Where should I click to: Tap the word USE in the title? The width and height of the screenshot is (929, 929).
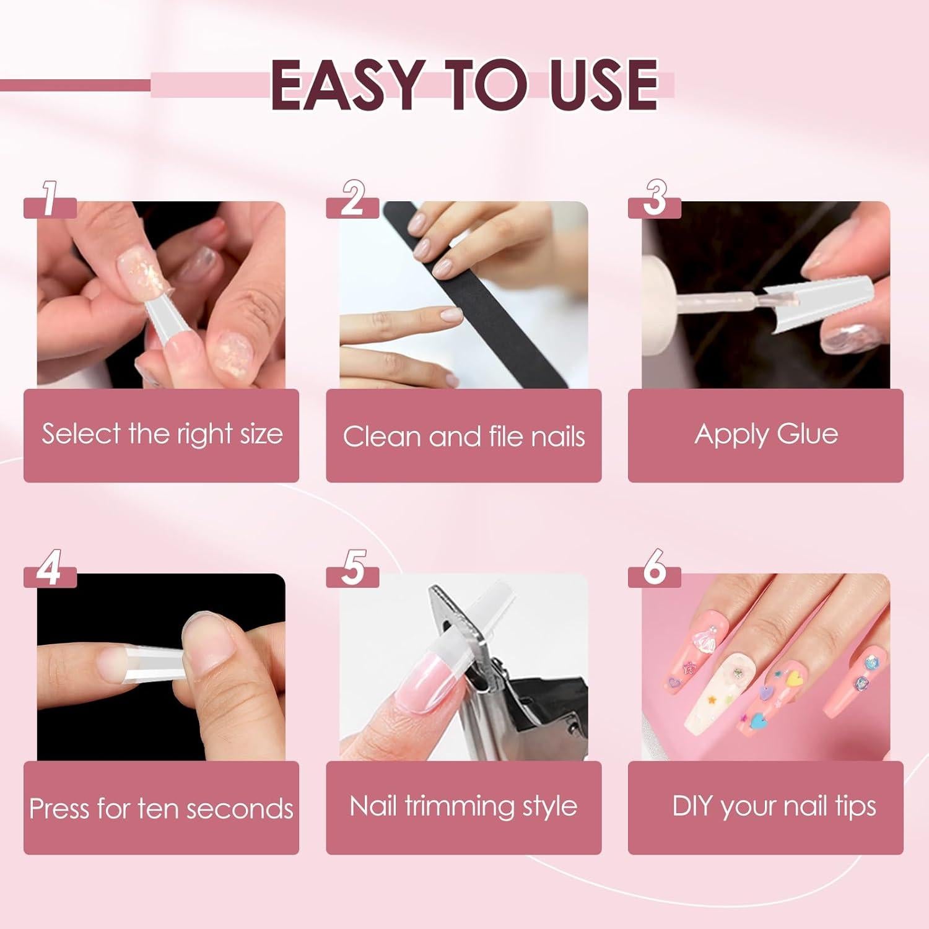[x=603, y=85]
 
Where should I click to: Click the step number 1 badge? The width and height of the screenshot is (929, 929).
[x=50, y=199]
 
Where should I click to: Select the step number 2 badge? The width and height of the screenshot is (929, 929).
[x=352, y=199]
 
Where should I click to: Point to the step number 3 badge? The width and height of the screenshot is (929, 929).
[x=655, y=199]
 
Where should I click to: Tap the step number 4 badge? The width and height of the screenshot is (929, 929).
[x=50, y=569]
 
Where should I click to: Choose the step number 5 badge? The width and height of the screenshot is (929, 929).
[x=352, y=569]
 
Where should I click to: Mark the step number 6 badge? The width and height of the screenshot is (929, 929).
[x=655, y=569]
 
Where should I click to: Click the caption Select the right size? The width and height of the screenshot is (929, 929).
[x=162, y=434]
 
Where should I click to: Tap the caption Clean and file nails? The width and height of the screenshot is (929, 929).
[x=463, y=437]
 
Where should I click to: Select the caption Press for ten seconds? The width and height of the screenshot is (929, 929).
[x=161, y=809]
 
